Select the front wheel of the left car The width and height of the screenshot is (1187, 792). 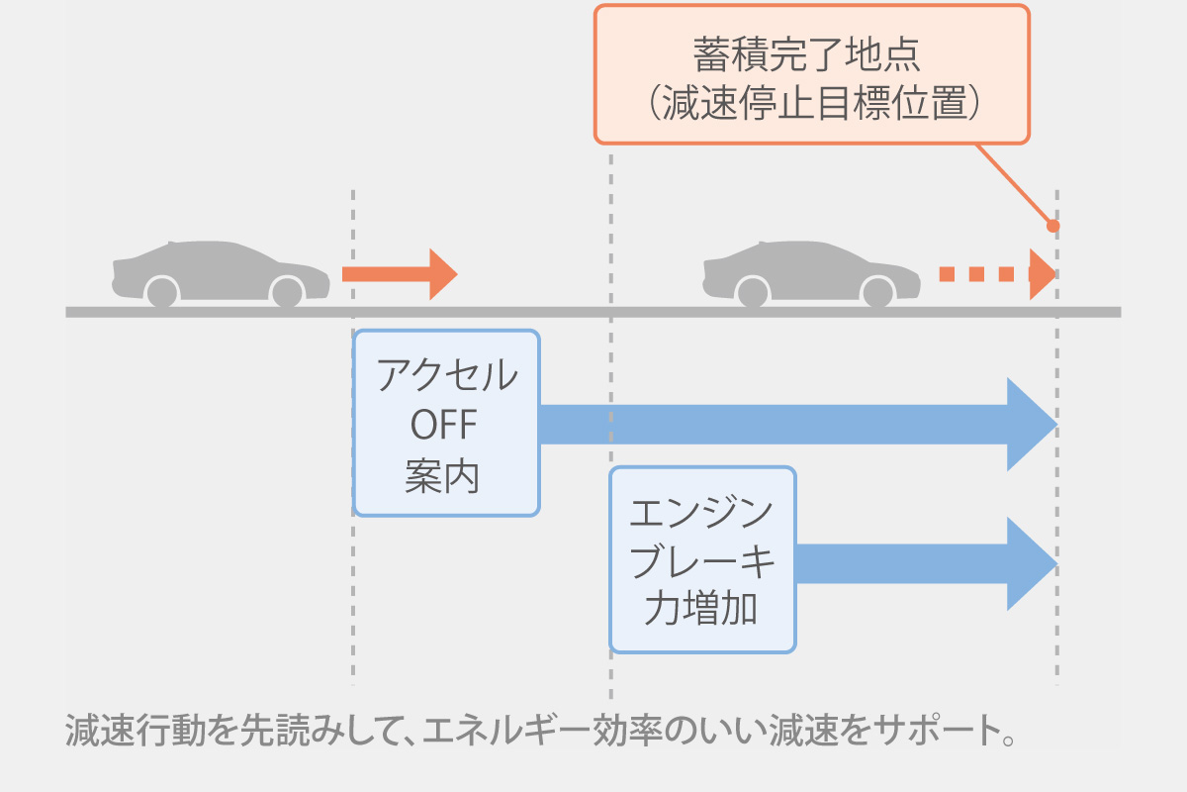tap(287, 292)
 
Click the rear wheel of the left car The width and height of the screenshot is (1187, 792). tap(161, 292)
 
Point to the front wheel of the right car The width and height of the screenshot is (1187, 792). tap(877, 292)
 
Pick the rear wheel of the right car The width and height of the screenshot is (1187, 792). tap(752, 292)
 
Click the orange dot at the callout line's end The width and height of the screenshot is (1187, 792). tap(1053, 226)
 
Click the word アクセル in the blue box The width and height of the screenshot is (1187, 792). tap(446, 376)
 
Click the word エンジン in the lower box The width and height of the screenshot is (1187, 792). tap(701, 513)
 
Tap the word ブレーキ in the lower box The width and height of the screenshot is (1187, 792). tap(701, 561)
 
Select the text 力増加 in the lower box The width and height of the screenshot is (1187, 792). tap(701, 609)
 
